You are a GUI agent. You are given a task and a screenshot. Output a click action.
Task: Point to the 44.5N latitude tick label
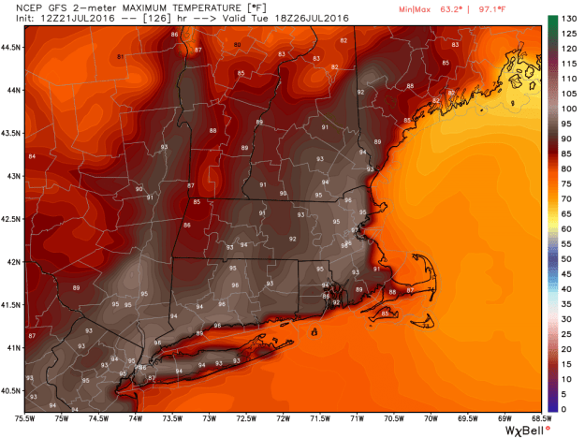pos(11,45)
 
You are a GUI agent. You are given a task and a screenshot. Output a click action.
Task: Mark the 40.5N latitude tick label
pos(11,391)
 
